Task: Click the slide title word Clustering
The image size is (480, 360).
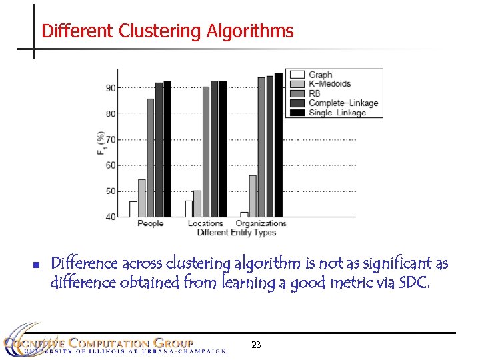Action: pos(161,31)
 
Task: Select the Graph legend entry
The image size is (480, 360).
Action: pos(320,75)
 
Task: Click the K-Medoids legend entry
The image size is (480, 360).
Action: pos(329,84)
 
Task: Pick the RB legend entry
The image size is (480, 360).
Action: pos(315,93)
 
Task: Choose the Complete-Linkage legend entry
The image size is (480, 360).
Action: pos(343,103)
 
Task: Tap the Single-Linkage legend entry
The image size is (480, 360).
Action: pos(337,112)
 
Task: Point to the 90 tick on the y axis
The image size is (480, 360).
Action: pos(110,88)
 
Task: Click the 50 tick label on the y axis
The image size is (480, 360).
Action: pos(110,191)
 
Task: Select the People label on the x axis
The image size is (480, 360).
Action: pos(150,223)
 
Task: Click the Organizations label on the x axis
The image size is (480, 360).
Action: pos(261,223)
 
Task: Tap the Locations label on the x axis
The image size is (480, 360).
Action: pos(205,223)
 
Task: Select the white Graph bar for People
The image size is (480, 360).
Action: pos(133,209)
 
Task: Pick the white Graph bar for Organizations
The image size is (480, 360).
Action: pos(244,214)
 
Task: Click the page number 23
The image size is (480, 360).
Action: pos(256,345)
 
